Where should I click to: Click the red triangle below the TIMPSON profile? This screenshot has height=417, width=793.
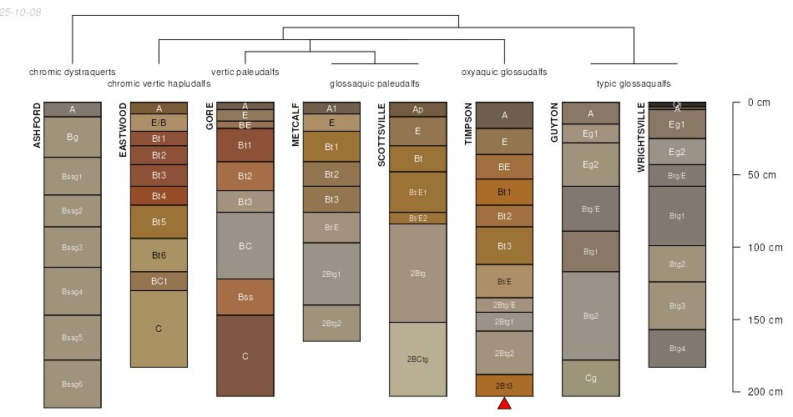(x=504, y=404)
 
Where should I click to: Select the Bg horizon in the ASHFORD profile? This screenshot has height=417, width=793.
(x=73, y=137)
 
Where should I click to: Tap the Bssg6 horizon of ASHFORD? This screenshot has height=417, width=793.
(x=73, y=384)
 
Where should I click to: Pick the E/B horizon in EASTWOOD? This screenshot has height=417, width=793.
(x=159, y=123)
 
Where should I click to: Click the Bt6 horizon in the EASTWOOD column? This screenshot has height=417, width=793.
(x=159, y=255)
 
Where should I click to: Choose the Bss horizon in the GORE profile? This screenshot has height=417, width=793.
(x=245, y=297)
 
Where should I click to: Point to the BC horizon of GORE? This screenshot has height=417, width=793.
(x=245, y=246)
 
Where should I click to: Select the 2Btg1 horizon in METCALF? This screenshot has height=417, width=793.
(x=331, y=274)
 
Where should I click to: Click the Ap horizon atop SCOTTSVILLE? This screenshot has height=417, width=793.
(x=417, y=109)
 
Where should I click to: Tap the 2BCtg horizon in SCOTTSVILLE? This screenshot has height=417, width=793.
(x=417, y=359)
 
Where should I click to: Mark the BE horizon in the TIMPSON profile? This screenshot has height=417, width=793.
(x=504, y=167)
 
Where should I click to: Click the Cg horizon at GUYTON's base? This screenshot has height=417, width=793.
(x=590, y=378)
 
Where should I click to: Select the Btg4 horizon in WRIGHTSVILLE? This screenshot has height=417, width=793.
(x=677, y=349)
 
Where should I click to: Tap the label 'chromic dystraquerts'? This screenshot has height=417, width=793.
(x=73, y=72)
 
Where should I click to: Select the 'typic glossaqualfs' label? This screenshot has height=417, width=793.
(x=634, y=83)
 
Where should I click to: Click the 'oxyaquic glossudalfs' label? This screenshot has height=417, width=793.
(x=504, y=72)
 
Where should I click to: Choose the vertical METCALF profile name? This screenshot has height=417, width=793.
(x=296, y=124)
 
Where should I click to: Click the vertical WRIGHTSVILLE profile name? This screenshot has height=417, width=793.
(x=641, y=138)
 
